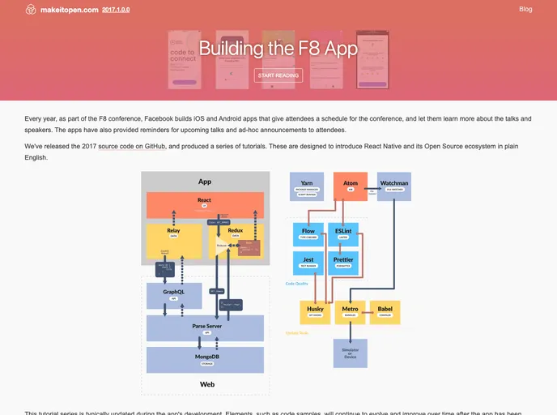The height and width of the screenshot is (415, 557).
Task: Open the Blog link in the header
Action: tap(525, 9)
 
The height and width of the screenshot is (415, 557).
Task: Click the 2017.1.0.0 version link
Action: tap(116, 10)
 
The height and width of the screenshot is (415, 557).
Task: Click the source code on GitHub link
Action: tap(133, 147)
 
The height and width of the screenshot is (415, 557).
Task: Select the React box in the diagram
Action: tap(204, 204)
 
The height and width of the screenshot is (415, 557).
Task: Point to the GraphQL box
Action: tap(173, 295)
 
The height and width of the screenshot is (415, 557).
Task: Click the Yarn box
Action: tap(306, 186)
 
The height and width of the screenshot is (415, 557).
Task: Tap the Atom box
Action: tap(351, 186)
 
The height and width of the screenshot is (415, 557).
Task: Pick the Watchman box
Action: tap(394, 186)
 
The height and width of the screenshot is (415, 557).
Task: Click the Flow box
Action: tap(308, 234)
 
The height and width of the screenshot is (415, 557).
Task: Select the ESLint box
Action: tap(343, 234)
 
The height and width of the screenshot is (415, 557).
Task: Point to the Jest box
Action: tap(308, 263)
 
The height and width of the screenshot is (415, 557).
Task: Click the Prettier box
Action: tap(343, 263)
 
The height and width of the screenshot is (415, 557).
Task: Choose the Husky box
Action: tap(316, 312)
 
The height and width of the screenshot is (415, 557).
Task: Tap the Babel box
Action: tap(385, 312)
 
